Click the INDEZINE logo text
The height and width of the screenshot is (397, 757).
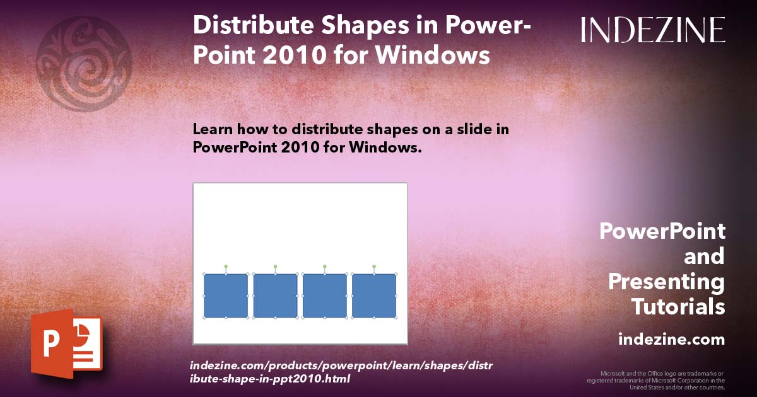coord(653,30)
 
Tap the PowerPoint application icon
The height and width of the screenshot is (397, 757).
coord(66,343)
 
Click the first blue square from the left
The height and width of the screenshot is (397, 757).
coord(226,296)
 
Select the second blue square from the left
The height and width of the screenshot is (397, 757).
coord(275,296)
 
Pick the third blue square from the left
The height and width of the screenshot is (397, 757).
coord(325,296)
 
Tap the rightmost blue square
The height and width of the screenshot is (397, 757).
coord(374,296)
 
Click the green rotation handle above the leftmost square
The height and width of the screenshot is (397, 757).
coord(226,267)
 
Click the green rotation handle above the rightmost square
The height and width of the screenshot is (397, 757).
coord(374,267)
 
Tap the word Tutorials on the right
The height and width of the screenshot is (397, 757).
coord(678,307)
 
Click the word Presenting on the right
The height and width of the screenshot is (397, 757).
coord(667,282)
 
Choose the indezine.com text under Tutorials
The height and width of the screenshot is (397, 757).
coord(671,340)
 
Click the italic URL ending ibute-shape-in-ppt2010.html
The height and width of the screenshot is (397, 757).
coord(270,379)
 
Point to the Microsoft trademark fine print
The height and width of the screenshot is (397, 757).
coord(656,381)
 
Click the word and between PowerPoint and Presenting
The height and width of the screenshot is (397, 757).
coord(705,256)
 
